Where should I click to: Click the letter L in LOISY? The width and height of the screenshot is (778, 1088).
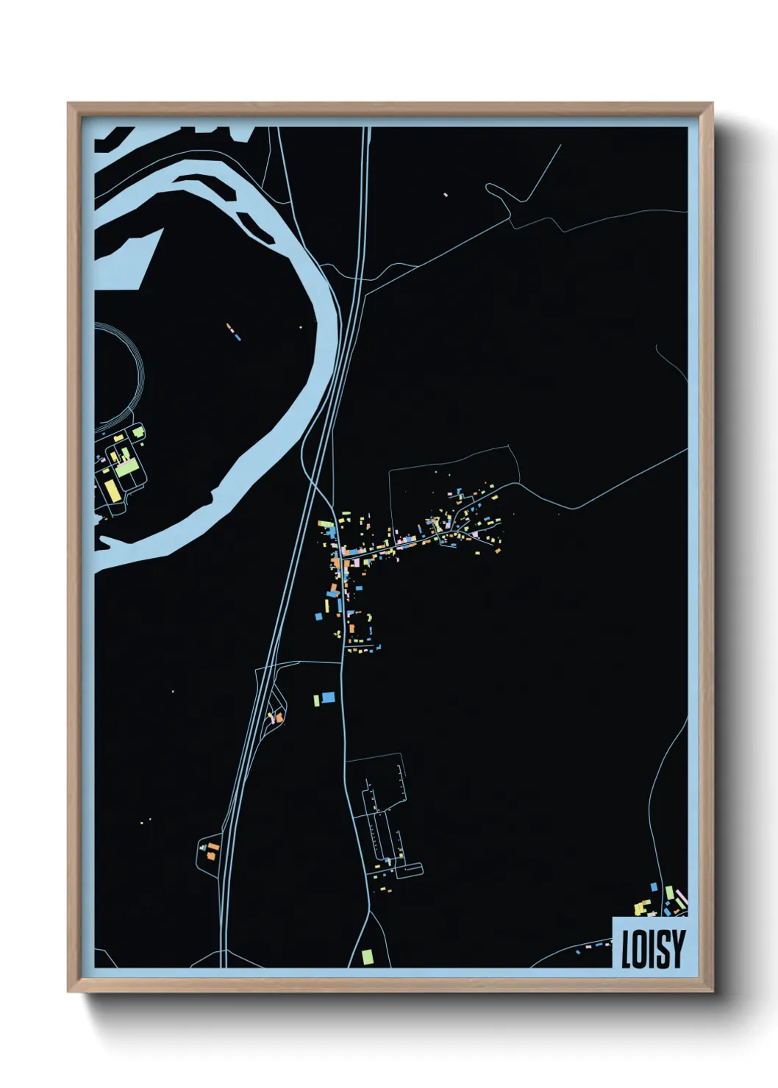(x=626, y=950)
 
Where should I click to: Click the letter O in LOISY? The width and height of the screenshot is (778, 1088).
(x=638, y=950)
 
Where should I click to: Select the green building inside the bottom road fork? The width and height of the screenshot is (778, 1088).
(x=367, y=956)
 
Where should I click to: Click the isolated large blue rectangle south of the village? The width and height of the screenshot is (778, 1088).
(x=328, y=696)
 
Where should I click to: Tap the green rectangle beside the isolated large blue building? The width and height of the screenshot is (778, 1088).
(x=317, y=699)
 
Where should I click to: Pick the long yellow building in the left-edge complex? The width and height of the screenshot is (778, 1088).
(x=110, y=490)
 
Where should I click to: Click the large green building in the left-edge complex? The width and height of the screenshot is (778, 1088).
(x=127, y=467)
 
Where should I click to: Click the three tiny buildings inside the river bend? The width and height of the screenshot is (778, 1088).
(x=233, y=332)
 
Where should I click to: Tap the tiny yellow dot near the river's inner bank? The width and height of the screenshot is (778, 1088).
(x=300, y=327)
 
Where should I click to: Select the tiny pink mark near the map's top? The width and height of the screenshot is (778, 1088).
(x=446, y=195)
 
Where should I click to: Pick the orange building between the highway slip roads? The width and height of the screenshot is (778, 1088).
(x=279, y=715)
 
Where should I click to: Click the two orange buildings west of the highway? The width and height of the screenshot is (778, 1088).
(x=212, y=853)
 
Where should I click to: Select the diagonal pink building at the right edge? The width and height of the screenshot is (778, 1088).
(x=681, y=898)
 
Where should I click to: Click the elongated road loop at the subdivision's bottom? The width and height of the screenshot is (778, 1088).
(x=409, y=870)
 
